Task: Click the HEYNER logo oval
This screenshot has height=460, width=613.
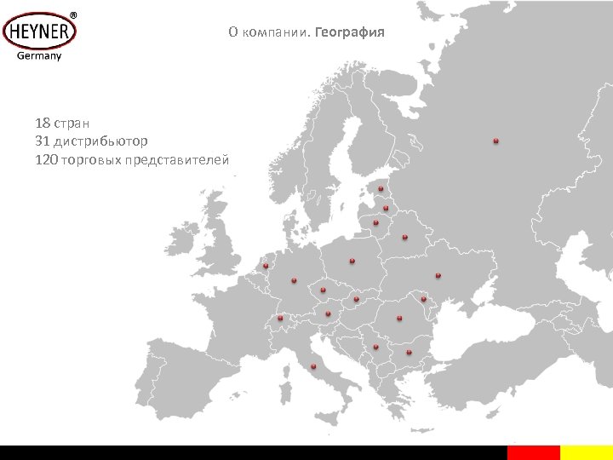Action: [x=39, y=33]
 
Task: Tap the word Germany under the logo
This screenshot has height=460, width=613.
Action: [x=39, y=57]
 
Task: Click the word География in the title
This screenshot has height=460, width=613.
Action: [x=350, y=33]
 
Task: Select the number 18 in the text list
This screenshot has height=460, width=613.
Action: [x=43, y=123]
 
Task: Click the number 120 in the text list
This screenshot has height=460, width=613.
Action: [x=47, y=159]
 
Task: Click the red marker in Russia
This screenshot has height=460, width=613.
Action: [x=496, y=141]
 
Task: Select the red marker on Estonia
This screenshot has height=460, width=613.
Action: [x=381, y=188]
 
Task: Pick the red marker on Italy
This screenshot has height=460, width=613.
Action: [x=313, y=366]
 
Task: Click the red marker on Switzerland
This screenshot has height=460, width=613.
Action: [x=279, y=318]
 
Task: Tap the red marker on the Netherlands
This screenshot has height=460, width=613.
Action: [x=266, y=267]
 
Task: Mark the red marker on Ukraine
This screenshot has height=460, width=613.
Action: [x=438, y=275]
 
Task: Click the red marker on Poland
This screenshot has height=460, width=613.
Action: [x=352, y=260]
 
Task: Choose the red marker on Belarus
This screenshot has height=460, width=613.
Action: [x=404, y=237]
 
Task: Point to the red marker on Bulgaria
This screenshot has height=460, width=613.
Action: [x=409, y=351]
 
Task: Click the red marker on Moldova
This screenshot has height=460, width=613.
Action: [x=423, y=299]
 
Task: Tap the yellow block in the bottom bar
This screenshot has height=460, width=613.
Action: [x=587, y=452]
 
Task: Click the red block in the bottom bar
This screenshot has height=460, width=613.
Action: [x=533, y=452]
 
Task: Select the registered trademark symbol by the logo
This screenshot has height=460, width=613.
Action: [x=72, y=15]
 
